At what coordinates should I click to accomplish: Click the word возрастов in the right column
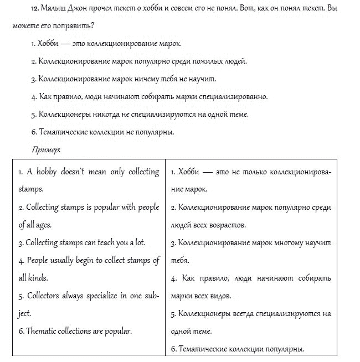228,225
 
